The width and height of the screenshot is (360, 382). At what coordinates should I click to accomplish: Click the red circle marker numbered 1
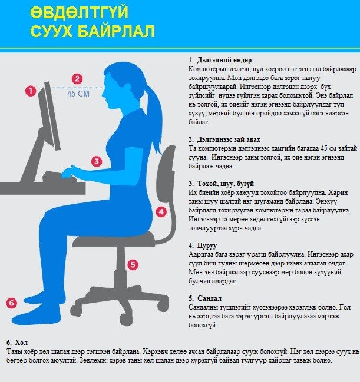pos(31,91)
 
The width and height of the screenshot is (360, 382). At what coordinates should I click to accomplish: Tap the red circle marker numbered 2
pos(77,78)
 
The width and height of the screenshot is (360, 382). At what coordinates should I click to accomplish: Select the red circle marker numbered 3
pos(97,161)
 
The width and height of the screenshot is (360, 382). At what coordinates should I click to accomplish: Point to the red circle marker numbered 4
pos(161,211)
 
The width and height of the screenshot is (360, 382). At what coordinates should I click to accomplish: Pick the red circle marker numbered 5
pos(133,265)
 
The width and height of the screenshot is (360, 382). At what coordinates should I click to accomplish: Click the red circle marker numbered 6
pos(11,303)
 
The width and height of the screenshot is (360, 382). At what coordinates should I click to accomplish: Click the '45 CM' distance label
pos(78,94)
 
